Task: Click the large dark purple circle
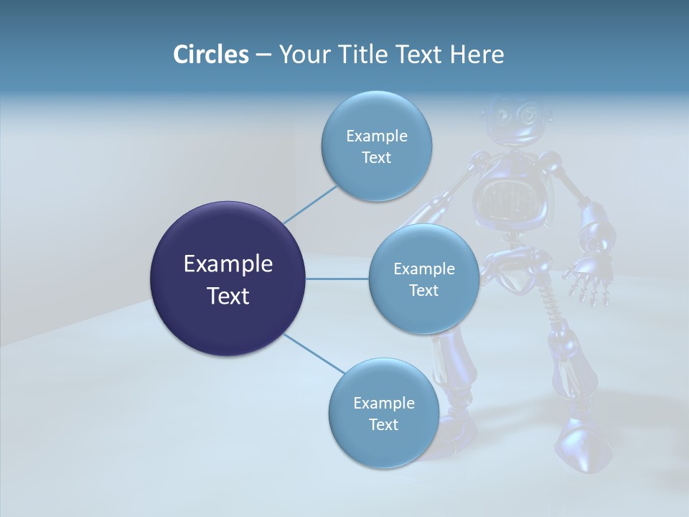click(228, 279)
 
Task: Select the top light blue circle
click(376, 146)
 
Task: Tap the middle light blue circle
click(423, 279)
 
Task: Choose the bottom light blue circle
click(383, 413)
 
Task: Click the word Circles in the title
click(210, 54)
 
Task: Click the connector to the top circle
click(310, 204)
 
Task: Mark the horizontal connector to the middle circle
click(337, 279)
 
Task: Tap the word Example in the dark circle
click(228, 264)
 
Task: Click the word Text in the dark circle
click(228, 295)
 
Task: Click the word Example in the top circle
click(376, 136)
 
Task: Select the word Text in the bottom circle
click(383, 424)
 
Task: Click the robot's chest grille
click(511, 195)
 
